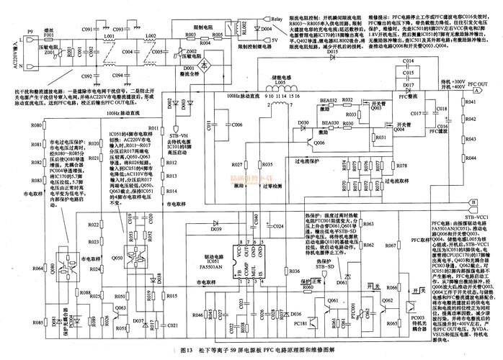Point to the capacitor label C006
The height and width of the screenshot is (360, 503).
(x=237, y=124)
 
